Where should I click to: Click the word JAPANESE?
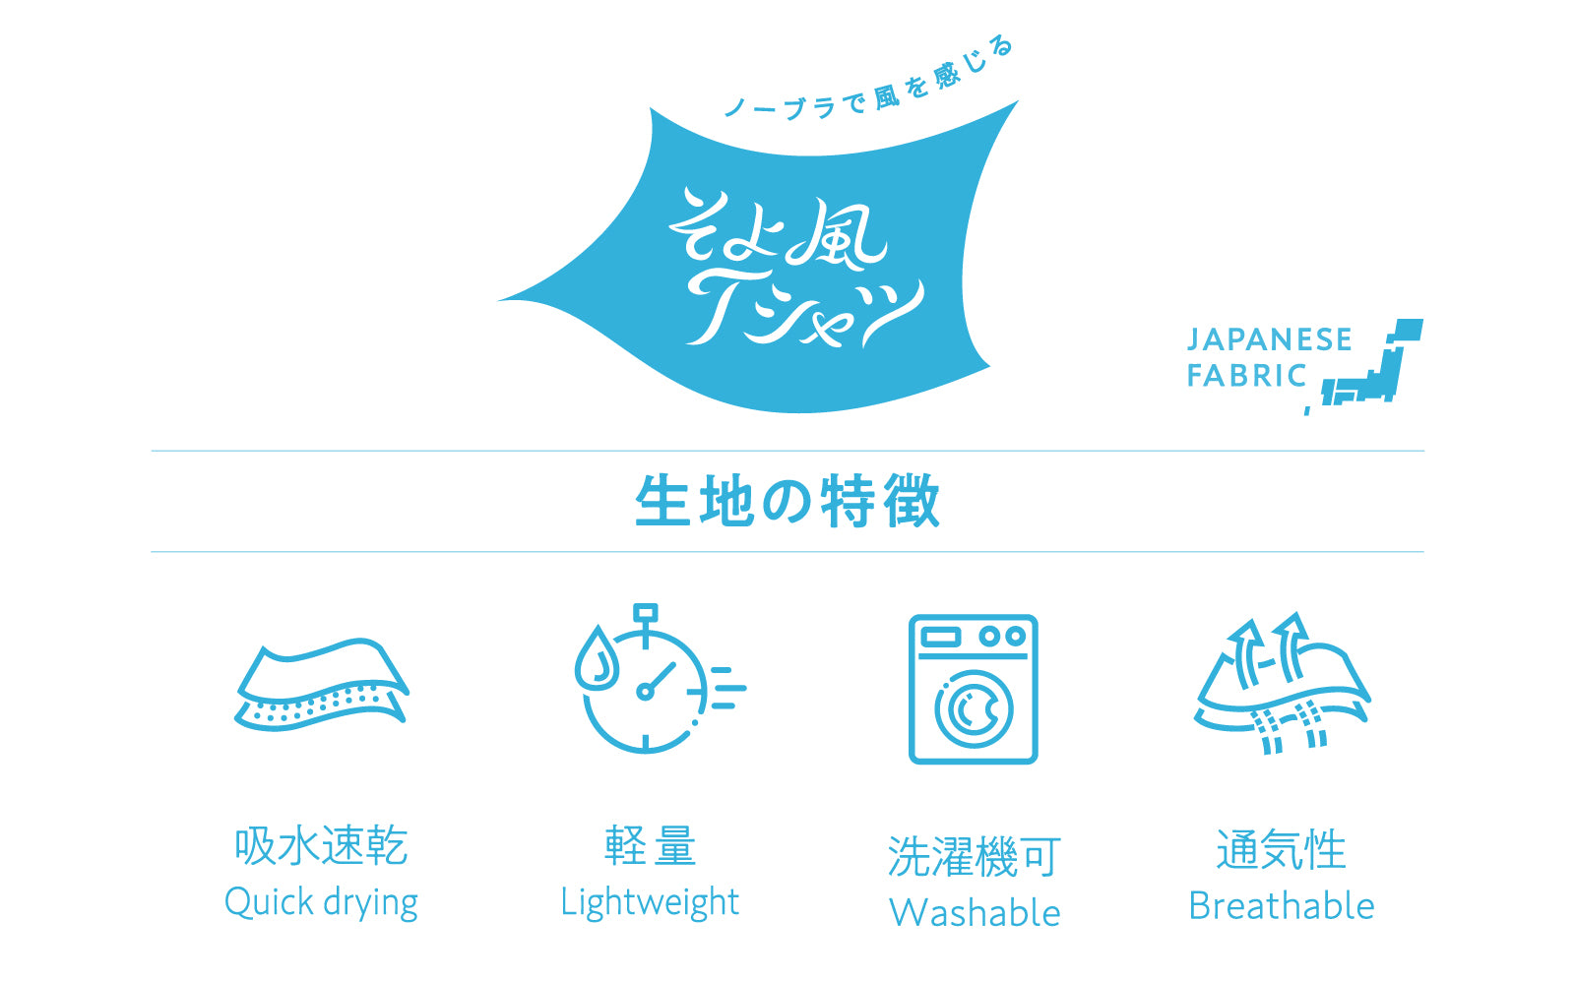[x=1269, y=339]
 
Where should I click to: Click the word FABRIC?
[x=1246, y=375]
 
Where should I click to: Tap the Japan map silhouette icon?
[x=1364, y=365]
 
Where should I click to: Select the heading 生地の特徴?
[x=787, y=501]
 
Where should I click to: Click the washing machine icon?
[x=974, y=689]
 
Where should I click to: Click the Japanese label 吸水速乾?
[x=321, y=845]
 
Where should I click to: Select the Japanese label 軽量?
[x=651, y=845]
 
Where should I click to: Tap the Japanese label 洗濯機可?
[x=974, y=857]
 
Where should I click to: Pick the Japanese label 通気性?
[x=1281, y=849]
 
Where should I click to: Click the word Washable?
[x=975, y=913]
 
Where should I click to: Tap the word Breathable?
[x=1281, y=905]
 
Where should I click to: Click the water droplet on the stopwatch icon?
[x=597, y=658]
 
